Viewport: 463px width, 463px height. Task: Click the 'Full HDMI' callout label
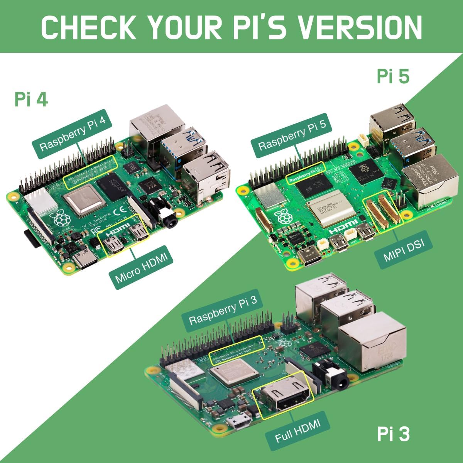tap(297, 431)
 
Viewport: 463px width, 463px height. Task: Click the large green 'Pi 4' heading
tap(31, 99)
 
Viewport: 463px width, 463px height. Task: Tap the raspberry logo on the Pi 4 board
tap(61, 218)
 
